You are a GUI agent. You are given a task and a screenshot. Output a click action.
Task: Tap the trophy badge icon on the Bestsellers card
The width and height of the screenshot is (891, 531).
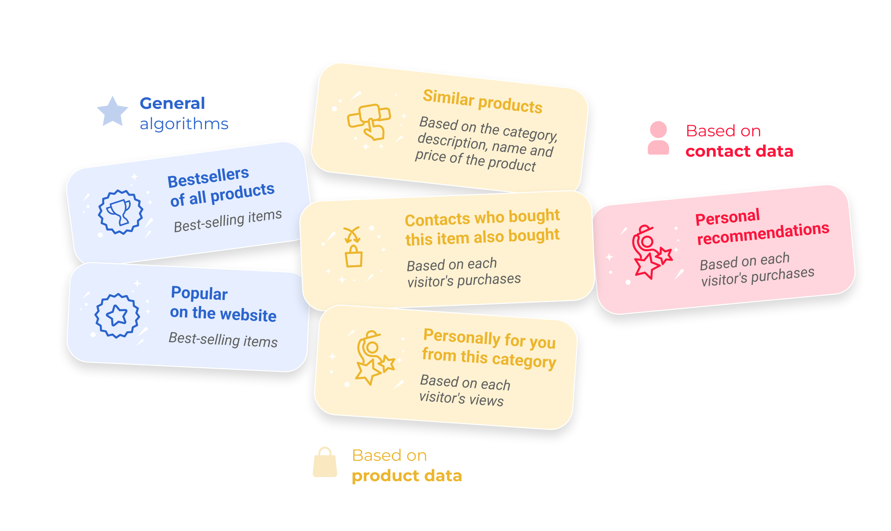[x=121, y=212]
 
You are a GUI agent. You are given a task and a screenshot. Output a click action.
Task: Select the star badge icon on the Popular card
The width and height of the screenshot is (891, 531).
[x=117, y=316]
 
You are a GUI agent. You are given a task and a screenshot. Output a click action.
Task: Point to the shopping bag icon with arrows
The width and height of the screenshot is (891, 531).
[x=353, y=248]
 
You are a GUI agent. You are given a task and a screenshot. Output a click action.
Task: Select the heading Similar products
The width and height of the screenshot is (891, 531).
[x=482, y=102]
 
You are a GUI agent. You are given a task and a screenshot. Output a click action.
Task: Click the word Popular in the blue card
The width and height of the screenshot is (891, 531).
[x=199, y=293]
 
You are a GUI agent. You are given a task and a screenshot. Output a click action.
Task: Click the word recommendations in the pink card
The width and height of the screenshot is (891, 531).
[x=763, y=234]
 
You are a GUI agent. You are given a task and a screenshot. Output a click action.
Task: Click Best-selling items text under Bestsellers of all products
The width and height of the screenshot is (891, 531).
[x=228, y=221]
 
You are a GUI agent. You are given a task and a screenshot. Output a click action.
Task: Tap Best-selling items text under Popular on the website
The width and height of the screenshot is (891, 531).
[x=223, y=339]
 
